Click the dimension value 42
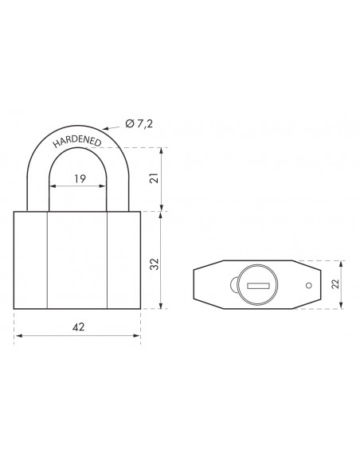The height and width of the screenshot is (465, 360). (78, 326)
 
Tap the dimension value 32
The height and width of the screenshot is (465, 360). (155, 264)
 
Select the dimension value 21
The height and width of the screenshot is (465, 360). (155, 178)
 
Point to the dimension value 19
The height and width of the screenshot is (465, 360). (80, 179)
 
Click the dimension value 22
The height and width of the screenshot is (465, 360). (335, 283)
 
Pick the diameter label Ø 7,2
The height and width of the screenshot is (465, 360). (139, 123)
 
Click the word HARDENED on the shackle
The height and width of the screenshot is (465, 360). (77, 142)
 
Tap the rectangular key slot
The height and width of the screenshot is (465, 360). (258, 286)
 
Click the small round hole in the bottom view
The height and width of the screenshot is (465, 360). (309, 285)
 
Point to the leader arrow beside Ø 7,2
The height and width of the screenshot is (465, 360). (112, 128)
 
